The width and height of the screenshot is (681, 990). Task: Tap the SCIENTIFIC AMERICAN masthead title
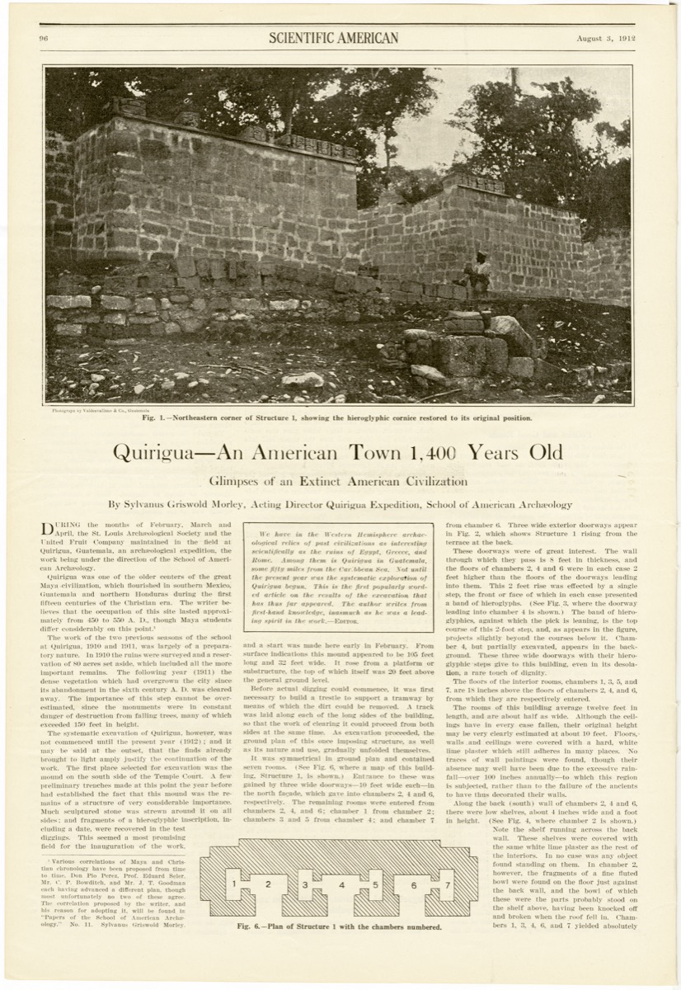(x=333, y=38)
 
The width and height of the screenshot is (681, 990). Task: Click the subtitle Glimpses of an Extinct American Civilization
(x=337, y=481)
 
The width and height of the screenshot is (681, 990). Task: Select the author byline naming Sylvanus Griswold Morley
(x=340, y=504)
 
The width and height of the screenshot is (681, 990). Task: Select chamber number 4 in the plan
(x=340, y=884)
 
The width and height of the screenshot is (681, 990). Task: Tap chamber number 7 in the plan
(x=448, y=884)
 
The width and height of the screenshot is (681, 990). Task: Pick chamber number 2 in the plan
(x=268, y=884)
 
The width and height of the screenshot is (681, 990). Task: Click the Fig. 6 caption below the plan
(x=340, y=926)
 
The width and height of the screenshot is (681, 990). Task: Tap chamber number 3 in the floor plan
(x=305, y=884)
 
